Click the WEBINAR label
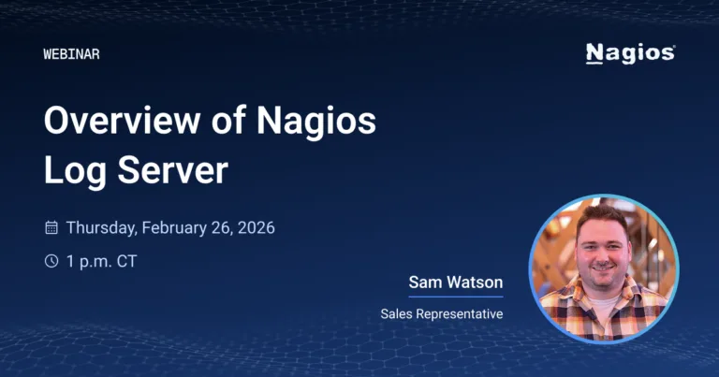[x=71, y=54]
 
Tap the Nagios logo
[x=629, y=53]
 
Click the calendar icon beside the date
[x=51, y=227]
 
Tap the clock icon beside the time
[x=51, y=261]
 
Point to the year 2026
[x=256, y=227]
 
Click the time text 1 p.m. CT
[x=101, y=261]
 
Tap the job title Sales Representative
[x=441, y=313]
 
